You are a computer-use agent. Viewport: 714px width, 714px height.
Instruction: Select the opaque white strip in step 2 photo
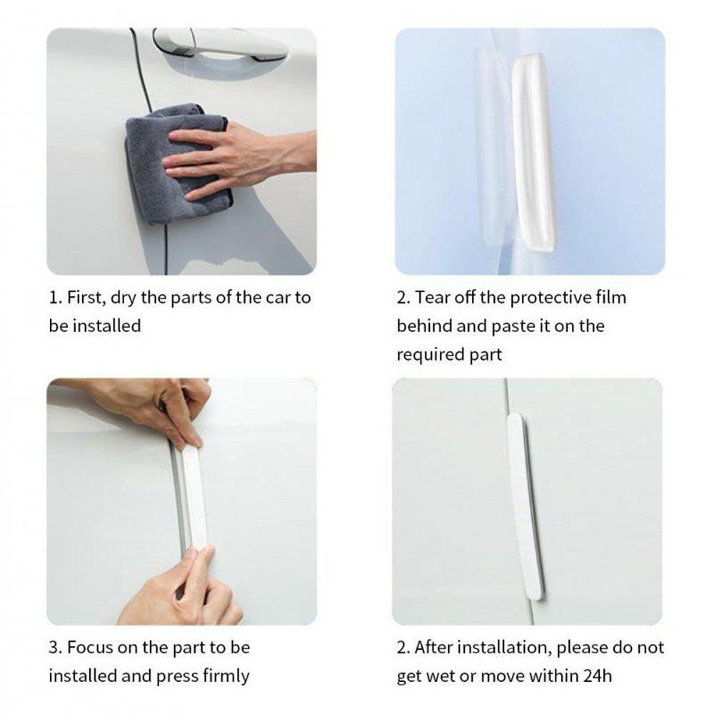pyautogui.click(x=533, y=153)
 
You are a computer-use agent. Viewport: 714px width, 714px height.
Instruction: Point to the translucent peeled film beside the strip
pyautogui.click(x=491, y=146)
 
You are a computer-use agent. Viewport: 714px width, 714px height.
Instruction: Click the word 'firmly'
pyautogui.click(x=226, y=677)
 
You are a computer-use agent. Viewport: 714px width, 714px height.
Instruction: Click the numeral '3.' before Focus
pyautogui.click(x=56, y=648)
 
